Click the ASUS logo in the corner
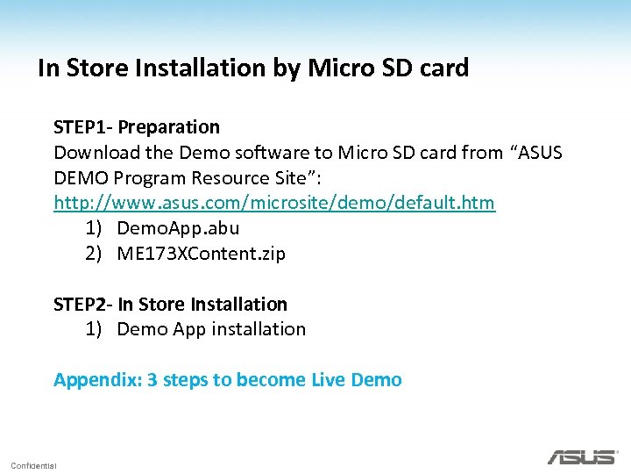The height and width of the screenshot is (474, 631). click(581, 457)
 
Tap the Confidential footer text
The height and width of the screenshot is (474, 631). click(33, 465)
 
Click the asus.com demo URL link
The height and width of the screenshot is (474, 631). click(274, 203)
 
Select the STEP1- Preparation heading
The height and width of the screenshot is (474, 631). click(137, 127)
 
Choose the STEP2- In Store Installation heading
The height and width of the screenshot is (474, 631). click(170, 304)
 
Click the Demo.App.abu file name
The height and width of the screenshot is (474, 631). click(178, 228)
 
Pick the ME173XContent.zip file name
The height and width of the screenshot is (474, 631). click(201, 254)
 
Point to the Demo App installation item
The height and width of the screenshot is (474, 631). click(211, 329)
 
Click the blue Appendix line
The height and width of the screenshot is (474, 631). click(228, 380)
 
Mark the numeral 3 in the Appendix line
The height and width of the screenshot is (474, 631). click(152, 380)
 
